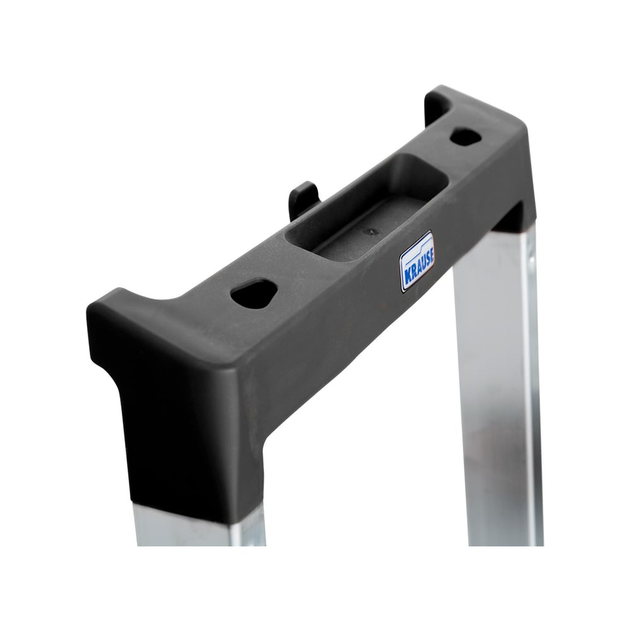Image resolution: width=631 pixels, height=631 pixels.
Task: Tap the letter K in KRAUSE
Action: pos(405,281)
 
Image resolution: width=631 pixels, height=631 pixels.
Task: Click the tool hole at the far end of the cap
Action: pos(466,137)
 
